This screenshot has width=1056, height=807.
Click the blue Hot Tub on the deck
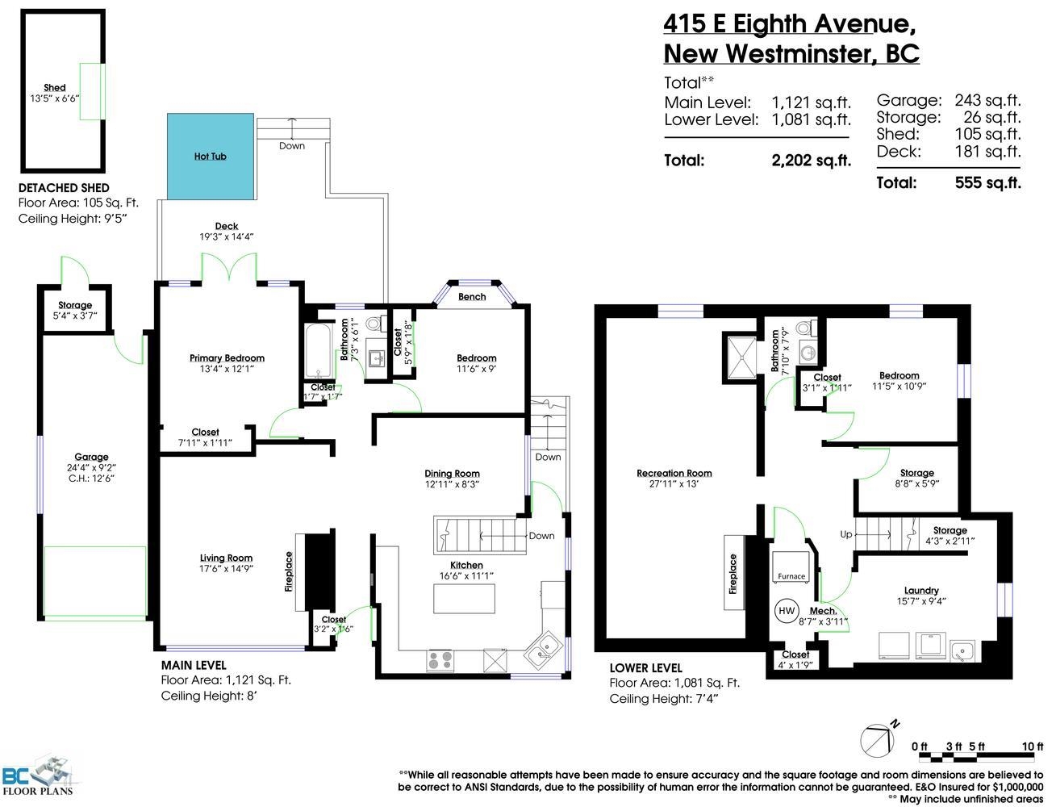[x=211, y=157]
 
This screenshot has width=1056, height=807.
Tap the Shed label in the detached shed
[x=54, y=88]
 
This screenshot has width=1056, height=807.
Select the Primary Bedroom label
[x=227, y=358]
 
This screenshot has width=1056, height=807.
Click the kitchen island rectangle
[x=464, y=599]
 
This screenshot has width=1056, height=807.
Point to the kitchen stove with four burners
[x=440, y=660]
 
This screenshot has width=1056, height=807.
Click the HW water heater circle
[x=786, y=611]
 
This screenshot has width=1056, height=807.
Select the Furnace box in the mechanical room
[x=791, y=567]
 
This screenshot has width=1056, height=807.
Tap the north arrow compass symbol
[x=879, y=740]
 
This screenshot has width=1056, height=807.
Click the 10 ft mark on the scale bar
[x=1033, y=746]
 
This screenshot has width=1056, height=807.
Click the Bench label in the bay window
[x=472, y=297]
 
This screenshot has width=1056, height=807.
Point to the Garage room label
[x=91, y=457]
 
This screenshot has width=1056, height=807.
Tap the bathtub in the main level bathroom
[x=319, y=351]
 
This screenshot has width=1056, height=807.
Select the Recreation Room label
[x=674, y=473]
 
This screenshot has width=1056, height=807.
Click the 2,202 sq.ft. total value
[x=811, y=161]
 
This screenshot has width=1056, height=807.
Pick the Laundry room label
[x=921, y=591]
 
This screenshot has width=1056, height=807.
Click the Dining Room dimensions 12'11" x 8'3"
[x=452, y=484]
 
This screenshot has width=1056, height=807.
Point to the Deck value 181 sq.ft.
[x=987, y=152]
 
